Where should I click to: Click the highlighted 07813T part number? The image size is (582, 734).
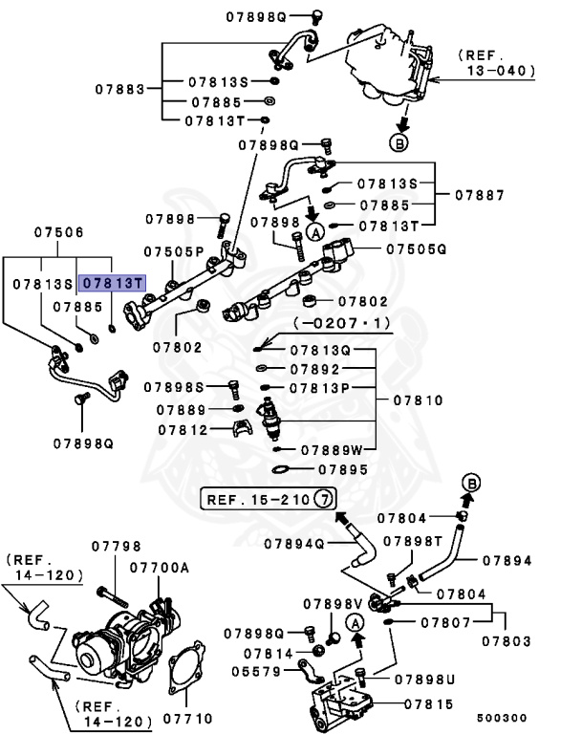112,284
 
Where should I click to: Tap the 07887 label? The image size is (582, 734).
479,194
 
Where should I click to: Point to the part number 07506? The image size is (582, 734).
59,232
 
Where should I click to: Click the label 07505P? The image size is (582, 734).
174,251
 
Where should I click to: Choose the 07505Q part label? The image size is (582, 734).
417,248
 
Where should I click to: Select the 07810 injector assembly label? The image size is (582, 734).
416,400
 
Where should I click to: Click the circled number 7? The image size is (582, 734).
324,499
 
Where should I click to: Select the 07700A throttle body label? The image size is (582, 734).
159,568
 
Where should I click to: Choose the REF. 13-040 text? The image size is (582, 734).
495,62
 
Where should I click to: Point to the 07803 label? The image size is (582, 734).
507,641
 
